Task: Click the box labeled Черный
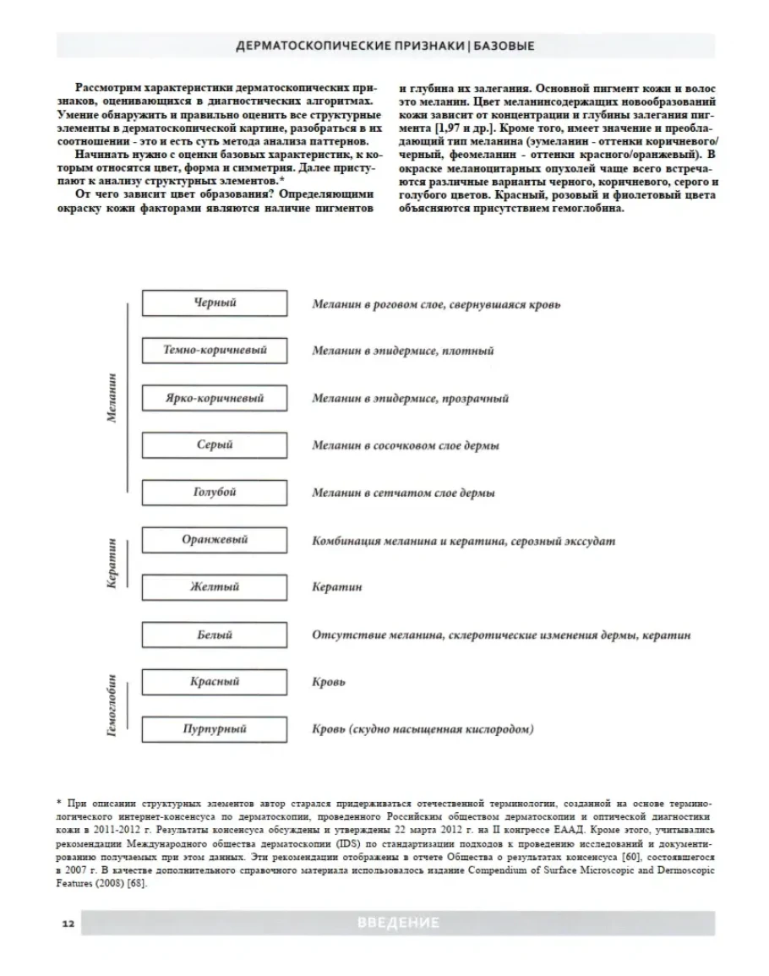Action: [215, 303]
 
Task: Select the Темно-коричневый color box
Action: [215, 351]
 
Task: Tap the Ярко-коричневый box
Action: [215, 398]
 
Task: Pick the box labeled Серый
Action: [215, 445]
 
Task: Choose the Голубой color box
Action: [215, 493]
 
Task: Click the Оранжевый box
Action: [215, 540]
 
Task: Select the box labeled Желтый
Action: [215, 587]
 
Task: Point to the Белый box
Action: [215, 635]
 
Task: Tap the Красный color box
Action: [215, 682]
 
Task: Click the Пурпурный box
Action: [215, 728]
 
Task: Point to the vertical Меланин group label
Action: [113, 397]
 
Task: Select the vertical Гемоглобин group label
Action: [113, 705]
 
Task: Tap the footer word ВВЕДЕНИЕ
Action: [397, 923]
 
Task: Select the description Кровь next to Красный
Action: [329, 682]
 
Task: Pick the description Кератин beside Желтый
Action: [336, 587]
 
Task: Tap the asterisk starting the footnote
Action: [59, 799]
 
